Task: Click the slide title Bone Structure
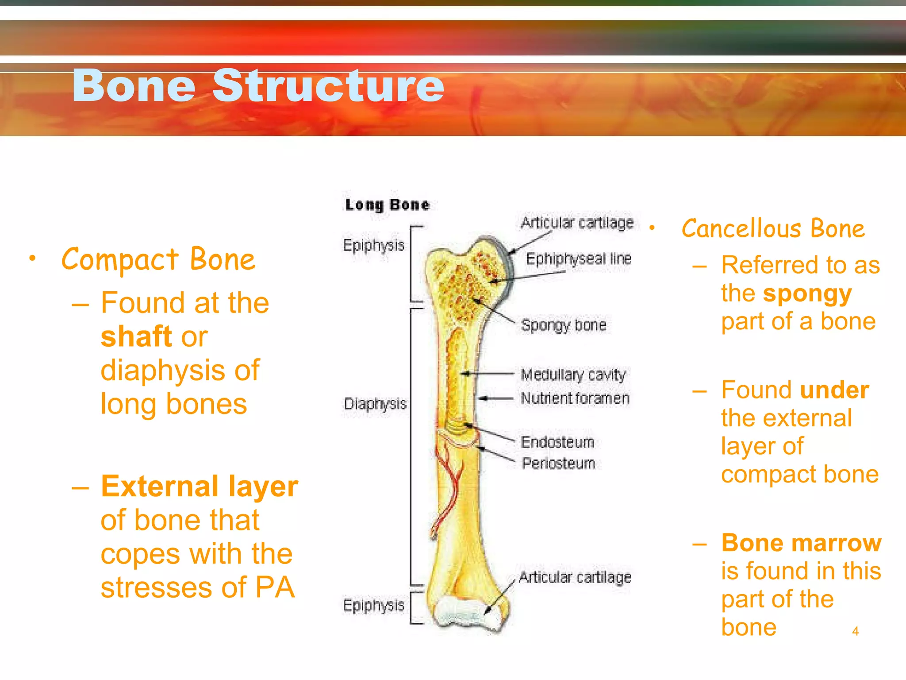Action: pyautogui.click(x=258, y=85)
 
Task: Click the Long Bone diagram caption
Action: pyautogui.click(x=387, y=205)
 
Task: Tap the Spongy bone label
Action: pyautogui.click(x=563, y=325)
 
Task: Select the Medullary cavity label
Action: pyautogui.click(x=573, y=375)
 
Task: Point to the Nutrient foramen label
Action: pyautogui.click(x=575, y=398)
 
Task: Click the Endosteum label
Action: pyautogui.click(x=557, y=442)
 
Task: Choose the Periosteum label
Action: pyautogui.click(x=558, y=464)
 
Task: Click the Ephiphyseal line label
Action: pyautogui.click(x=578, y=259)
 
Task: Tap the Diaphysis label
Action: pyautogui.click(x=375, y=404)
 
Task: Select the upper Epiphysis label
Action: pyautogui.click(x=373, y=245)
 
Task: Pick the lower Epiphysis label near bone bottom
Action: pyautogui.click(x=373, y=605)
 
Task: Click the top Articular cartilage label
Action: pyautogui.click(x=577, y=223)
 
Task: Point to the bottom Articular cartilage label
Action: pyautogui.click(x=575, y=577)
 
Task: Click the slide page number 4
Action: pyautogui.click(x=855, y=631)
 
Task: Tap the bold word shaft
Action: pyautogui.click(x=136, y=337)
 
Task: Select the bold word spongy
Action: pyautogui.click(x=807, y=294)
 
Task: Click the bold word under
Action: pyautogui.click(x=834, y=390)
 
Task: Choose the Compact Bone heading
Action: pyautogui.click(x=158, y=259)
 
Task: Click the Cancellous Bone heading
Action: pyautogui.click(x=773, y=229)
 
